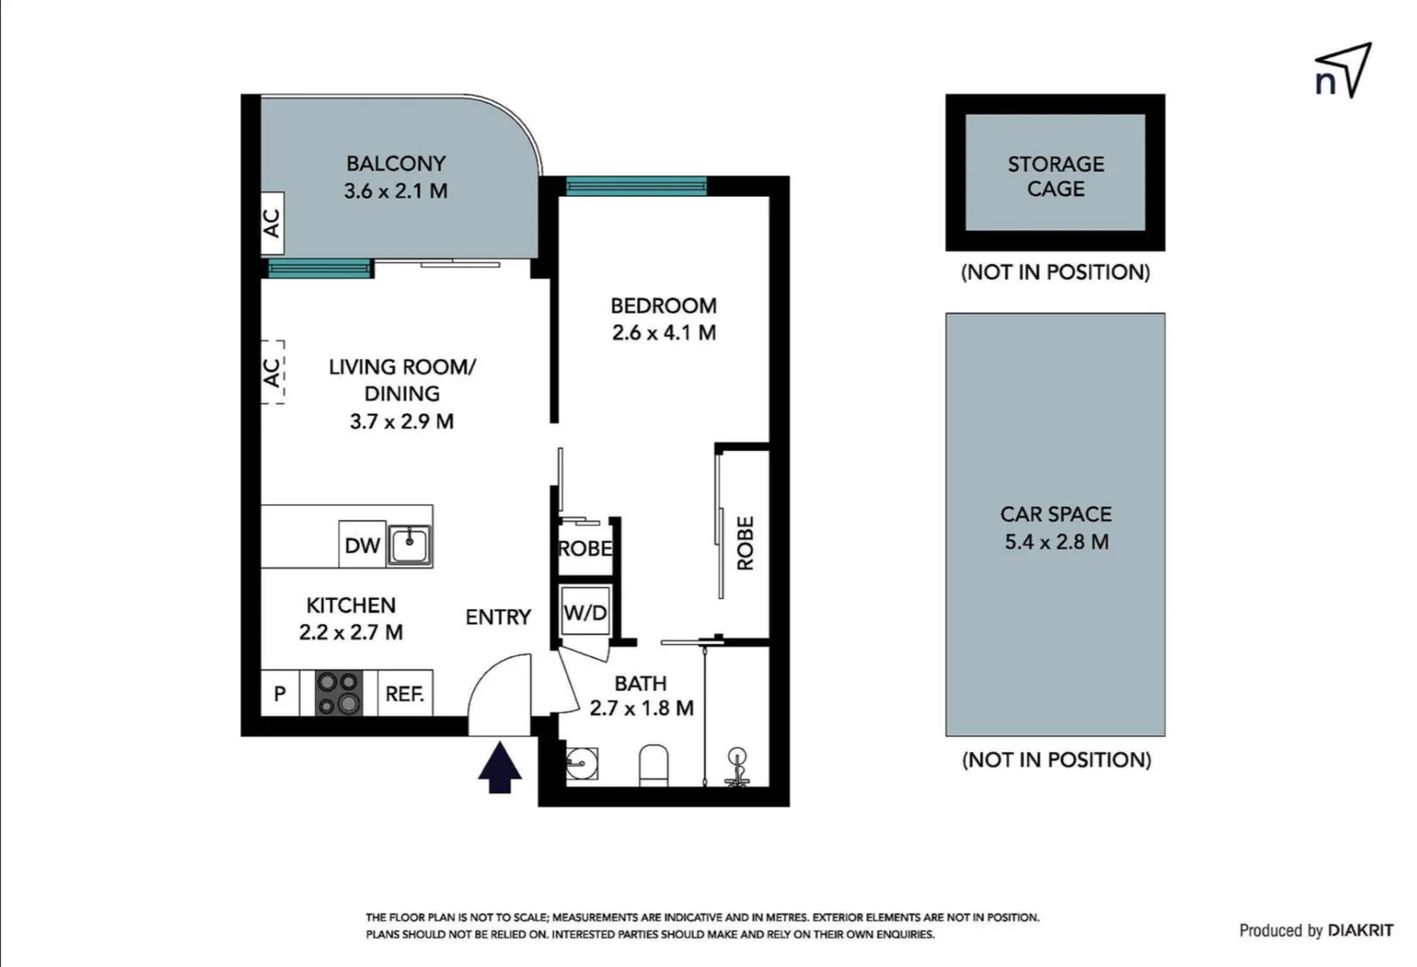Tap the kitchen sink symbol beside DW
409,544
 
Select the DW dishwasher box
362,544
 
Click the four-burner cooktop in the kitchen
339,694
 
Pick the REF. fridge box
405,694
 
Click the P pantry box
279,694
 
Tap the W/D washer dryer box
585,612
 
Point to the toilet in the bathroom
653,766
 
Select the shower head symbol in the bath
738,766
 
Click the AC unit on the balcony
272,222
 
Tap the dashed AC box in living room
272,372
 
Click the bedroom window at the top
636,186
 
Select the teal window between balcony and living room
320,269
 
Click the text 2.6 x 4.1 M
663,333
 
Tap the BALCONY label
396,164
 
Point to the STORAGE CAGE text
1055,176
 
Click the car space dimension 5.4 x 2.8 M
1056,542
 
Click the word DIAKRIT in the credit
1360,930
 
